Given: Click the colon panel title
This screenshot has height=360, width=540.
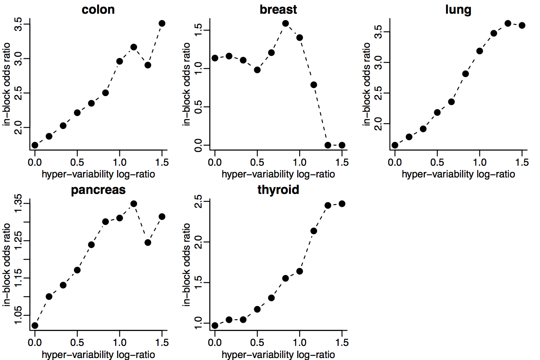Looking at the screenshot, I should click(98, 9).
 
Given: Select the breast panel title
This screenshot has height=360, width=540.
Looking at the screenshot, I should click(278, 9).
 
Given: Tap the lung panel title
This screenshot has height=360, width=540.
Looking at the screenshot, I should click(458, 9).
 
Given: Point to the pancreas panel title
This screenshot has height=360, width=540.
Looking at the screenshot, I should click(98, 190).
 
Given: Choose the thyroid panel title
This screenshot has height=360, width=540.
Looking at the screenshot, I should click(278, 190).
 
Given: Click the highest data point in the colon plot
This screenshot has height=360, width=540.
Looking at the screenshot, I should click(162, 24).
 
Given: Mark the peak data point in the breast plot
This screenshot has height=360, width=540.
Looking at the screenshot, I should click(285, 24).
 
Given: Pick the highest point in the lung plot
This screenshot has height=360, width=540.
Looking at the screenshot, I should click(508, 24).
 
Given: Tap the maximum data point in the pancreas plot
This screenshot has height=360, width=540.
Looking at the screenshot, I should click(134, 204).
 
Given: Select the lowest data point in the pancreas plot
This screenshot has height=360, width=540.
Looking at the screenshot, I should click(35, 326).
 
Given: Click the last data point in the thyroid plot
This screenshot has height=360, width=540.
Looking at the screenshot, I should click(342, 204).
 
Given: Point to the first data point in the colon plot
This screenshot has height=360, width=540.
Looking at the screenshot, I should click(35, 145).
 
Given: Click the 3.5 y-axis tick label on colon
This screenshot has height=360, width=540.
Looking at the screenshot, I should click(18, 24).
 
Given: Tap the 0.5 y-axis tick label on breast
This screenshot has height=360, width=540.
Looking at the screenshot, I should click(198, 107).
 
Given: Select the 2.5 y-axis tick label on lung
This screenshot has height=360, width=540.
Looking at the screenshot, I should click(378, 93).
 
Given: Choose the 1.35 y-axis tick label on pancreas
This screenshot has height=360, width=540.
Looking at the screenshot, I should click(18, 203).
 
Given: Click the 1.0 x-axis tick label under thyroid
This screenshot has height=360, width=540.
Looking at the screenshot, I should click(300, 343).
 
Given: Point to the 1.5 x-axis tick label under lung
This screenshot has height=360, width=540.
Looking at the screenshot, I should click(522, 163).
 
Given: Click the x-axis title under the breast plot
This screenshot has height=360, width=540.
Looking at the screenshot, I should click(278, 174).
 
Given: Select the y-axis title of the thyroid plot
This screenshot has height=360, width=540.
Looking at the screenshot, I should click(187, 264).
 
